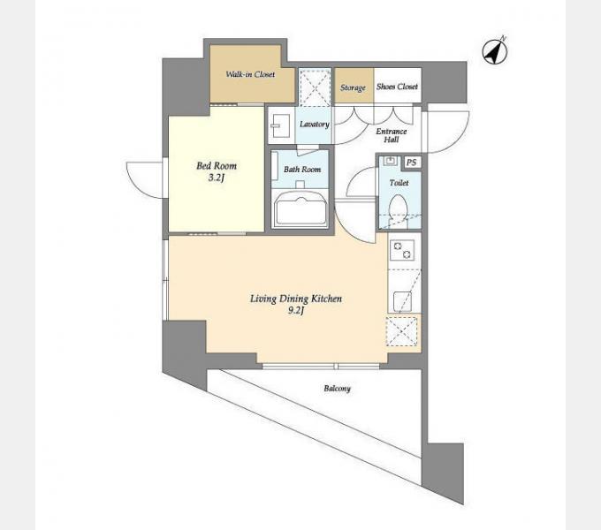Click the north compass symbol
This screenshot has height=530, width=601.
click(x=495, y=51)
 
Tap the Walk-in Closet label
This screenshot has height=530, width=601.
click(x=250, y=74)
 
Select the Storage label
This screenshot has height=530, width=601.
click(x=353, y=87)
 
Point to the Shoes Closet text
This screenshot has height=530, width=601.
click(x=397, y=87)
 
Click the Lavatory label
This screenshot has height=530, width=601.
click(x=315, y=124)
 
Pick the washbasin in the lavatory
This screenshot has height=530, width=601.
click(x=280, y=125)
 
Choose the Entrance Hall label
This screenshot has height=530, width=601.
click(x=391, y=135)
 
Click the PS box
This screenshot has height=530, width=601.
click(x=411, y=163)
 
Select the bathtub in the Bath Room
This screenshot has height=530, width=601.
click(x=301, y=209)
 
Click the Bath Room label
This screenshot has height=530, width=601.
click(x=302, y=170)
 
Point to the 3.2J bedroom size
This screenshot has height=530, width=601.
click(x=217, y=178)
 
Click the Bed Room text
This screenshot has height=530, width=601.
click(x=217, y=166)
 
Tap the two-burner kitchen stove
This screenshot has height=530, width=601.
click(x=402, y=250)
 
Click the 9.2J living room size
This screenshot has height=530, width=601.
click(x=296, y=311)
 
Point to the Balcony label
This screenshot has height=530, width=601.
click(x=338, y=389)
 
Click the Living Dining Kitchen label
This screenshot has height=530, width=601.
click(x=296, y=299)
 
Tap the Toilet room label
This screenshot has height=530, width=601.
click(x=399, y=183)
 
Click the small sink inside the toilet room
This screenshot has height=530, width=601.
click(x=390, y=161)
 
